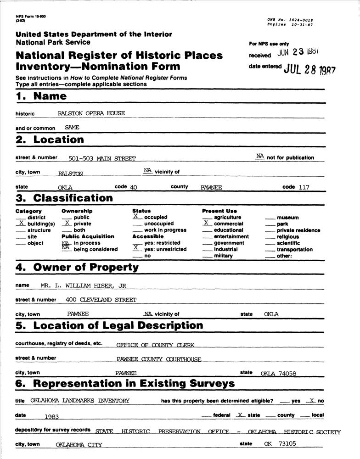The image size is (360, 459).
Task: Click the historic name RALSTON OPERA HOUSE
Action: click(x=91, y=113)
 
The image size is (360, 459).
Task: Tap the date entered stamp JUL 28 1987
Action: click(x=310, y=69)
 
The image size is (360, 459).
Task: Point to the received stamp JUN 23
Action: click(x=298, y=52)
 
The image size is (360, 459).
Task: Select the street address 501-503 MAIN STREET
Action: click(x=102, y=159)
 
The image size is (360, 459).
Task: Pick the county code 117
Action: click(x=303, y=187)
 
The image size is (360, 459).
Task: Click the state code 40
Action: click(x=134, y=187)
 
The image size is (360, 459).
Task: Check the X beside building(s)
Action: click(x=21, y=223)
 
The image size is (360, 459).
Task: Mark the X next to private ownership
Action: click(x=67, y=223)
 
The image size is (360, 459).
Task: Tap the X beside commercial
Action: click(x=207, y=223)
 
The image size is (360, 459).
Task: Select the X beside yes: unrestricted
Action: click(x=136, y=248)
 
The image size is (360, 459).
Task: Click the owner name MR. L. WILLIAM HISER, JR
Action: click(x=83, y=285)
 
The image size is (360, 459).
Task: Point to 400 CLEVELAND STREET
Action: click(x=101, y=300)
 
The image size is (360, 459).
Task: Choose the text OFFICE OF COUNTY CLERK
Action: click(x=155, y=345)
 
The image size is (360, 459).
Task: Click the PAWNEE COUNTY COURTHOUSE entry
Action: click(x=159, y=359)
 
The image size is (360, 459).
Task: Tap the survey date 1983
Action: click(x=52, y=416)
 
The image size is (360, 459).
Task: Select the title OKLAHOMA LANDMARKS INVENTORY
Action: click(x=80, y=401)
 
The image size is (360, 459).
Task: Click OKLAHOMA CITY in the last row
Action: click(x=79, y=444)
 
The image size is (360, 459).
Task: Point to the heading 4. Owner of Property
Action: click(x=77, y=267)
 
